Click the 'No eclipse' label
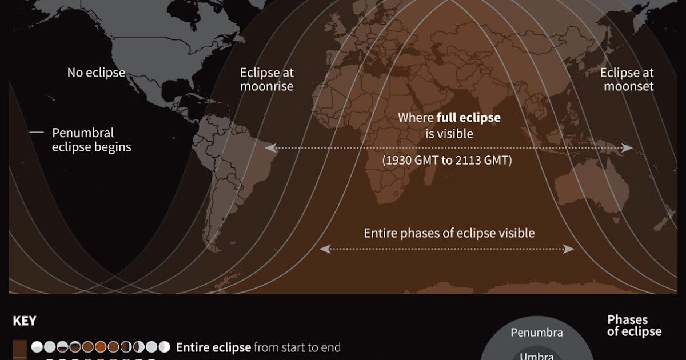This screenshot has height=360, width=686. [x=96, y=73]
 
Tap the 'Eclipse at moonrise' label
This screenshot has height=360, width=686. [x=266, y=79]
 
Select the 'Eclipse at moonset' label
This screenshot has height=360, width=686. [x=627, y=79]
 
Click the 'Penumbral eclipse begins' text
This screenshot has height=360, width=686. [x=91, y=140]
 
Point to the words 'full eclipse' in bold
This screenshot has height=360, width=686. [x=468, y=118]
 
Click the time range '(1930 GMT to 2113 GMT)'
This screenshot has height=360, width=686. [x=446, y=161]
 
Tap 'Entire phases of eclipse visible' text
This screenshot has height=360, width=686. [x=449, y=233]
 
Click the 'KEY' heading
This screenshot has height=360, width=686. [x=25, y=321]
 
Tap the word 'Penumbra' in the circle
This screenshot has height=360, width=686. [x=536, y=333]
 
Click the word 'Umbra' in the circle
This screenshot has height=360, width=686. [x=536, y=355]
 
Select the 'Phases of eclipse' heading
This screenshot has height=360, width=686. [x=634, y=326]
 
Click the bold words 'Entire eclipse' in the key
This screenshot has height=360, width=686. [x=213, y=347]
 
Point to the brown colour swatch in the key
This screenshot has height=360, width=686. [x=19, y=347]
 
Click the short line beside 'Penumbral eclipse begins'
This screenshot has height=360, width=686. [x=37, y=133]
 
